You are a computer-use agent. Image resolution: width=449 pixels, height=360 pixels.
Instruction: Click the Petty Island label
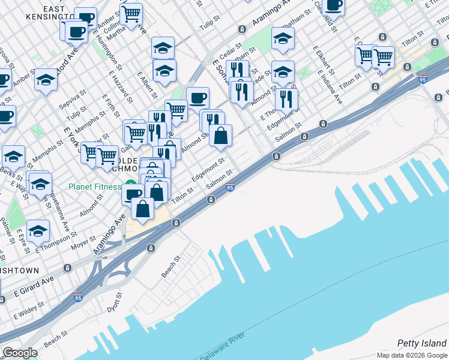point(422,343)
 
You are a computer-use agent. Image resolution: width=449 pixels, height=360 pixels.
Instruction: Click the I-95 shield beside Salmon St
point(230,188)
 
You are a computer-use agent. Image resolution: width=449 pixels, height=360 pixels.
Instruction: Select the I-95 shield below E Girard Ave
point(78,297)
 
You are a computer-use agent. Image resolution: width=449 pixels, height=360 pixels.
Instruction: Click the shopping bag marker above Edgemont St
point(221,136)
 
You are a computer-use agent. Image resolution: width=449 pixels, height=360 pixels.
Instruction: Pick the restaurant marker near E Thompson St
point(286,98)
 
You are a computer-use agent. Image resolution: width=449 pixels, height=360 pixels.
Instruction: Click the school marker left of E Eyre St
point(38,230)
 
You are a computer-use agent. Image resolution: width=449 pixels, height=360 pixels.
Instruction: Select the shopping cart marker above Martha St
point(131,13)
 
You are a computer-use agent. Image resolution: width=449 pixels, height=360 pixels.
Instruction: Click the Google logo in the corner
point(20,352)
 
